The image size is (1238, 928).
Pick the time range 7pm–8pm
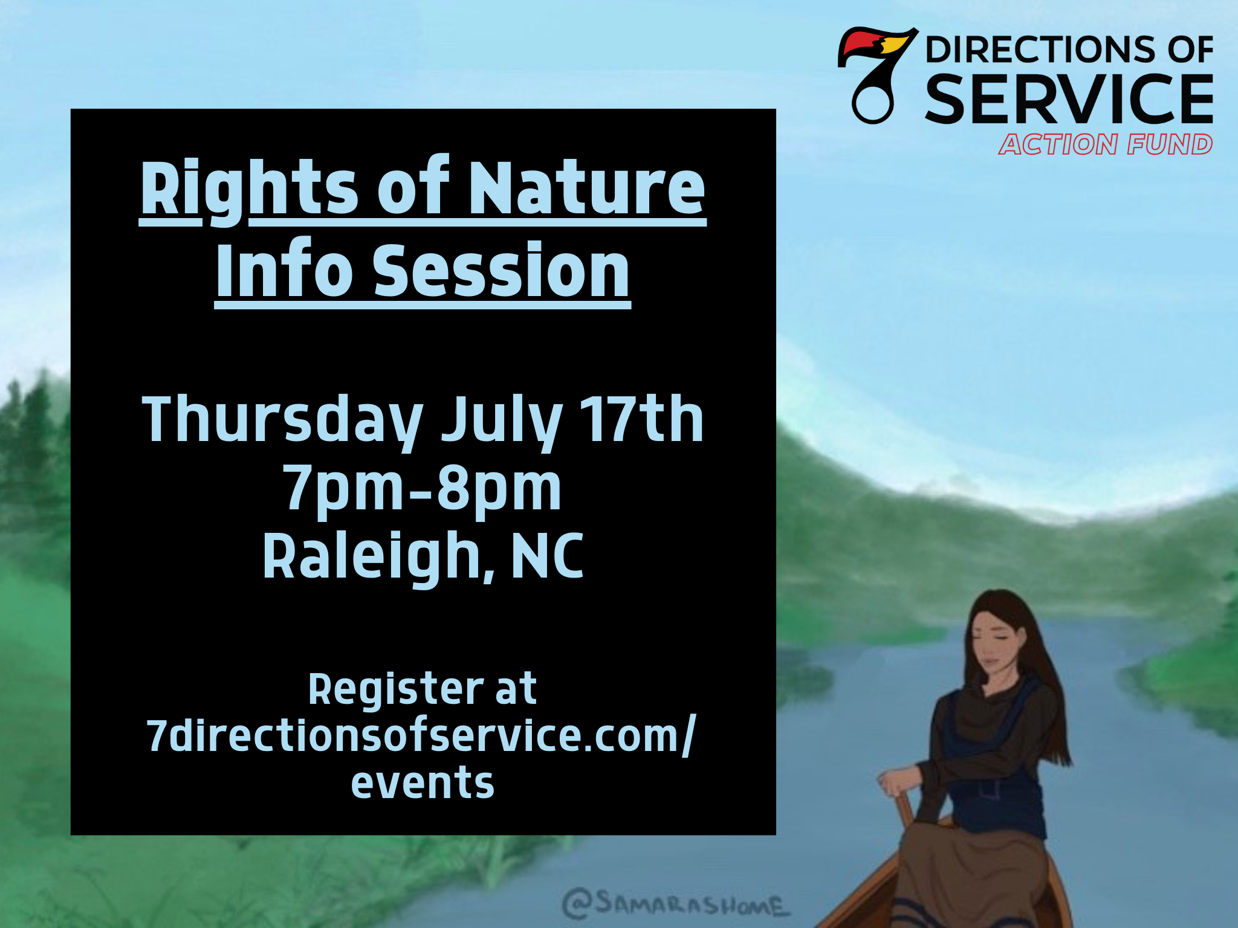point(423,488)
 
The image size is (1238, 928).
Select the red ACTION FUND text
point(1106,144)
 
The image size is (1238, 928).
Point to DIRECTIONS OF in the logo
point(1069,50)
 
